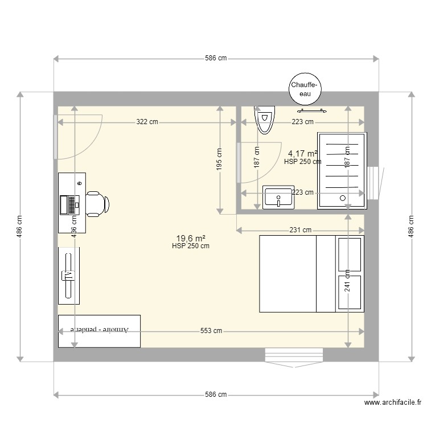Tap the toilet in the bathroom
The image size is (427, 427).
tap(264, 119)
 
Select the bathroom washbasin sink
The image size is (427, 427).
tap(278, 198)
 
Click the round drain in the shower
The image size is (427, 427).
tap(343, 199)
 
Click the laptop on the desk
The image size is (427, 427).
tap(68, 204)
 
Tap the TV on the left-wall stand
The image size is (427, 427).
tap(68, 276)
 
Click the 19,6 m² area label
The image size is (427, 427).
tap(191, 239)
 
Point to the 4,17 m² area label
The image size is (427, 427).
tap(302, 154)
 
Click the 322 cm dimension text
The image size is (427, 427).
tap(147, 122)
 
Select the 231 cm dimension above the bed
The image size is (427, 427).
tap(300, 230)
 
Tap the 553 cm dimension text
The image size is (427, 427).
tap(211, 331)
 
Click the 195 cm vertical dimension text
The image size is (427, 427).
tap(220, 159)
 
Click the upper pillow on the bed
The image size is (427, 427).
tap(350, 254)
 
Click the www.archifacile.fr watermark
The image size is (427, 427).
tap(392, 403)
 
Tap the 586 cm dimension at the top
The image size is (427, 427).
tap(216, 59)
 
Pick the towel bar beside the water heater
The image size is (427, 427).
tap(310, 111)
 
